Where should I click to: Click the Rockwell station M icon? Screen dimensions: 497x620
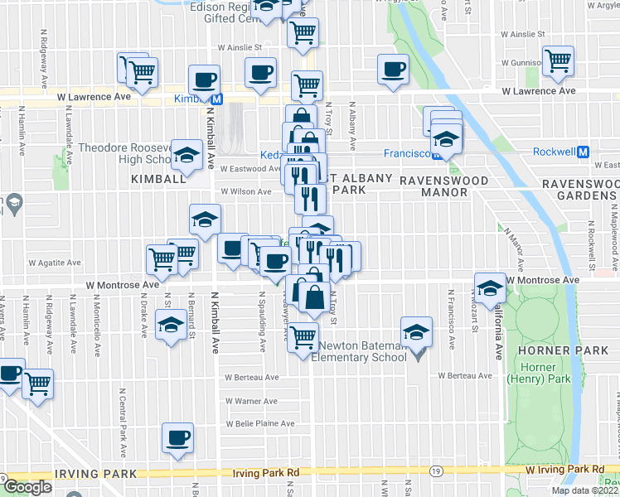point(583,152)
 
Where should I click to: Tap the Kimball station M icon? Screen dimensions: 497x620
point(217,99)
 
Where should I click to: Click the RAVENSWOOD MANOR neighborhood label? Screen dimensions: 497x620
point(434,186)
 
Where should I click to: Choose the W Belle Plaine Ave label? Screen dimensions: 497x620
point(261,423)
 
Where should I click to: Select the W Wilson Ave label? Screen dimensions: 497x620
point(245,191)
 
